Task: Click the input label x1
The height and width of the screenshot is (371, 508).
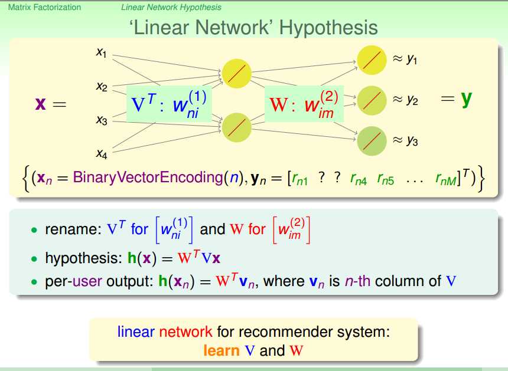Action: click(x=102, y=52)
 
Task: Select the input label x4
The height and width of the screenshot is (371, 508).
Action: click(x=102, y=153)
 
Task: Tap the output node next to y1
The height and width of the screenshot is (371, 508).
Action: click(x=372, y=60)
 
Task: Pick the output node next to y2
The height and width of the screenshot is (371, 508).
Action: click(x=372, y=101)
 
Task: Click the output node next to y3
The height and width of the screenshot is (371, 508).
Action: click(x=372, y=141)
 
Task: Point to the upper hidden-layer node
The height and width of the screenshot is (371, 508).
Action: click(x=236, y=73)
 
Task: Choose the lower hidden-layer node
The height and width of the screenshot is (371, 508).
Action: click(x=236, y=127)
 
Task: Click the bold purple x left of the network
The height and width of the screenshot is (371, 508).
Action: click(x=41, y=103)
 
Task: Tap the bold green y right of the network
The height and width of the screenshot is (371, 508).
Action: click(x=467, y=99)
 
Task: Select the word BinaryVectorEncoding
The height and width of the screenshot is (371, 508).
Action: click(x=148, y=178)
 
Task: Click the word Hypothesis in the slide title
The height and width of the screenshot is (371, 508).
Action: click(x=328, y=28)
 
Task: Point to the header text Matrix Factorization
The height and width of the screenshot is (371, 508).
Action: click(x=44, y=7)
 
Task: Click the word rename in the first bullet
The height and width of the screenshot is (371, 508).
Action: click(x=71, y=229)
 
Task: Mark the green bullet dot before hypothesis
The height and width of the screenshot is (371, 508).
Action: click(x=34, y=259)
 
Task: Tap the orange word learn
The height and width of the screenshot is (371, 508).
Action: click(x=222, y=350)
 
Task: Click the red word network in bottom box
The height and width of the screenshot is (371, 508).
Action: click(x=185, y=332)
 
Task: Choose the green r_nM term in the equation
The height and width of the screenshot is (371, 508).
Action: click(x=446, y=179)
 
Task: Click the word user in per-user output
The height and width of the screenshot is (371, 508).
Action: click(x=87, y=281)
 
